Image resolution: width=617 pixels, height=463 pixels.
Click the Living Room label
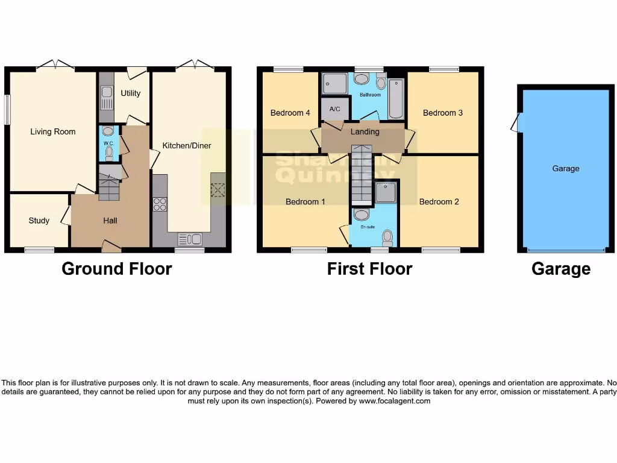pyautogui.click(x=53, y=131)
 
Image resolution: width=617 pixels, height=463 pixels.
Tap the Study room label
pyautogui.click(x=39, y=221)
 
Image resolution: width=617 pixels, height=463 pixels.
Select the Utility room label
pyautogui.click(x=130, y=93)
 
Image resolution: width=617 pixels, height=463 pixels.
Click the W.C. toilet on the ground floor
pyautogui.click(x=108, y=153)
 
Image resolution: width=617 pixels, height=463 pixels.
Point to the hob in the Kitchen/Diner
pyautogui.click(x=160, y=204)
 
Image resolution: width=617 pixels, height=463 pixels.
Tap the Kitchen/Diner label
pyautogui.click(x=187, y=145)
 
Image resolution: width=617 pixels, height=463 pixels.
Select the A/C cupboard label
pyautogui.click(x=335, y=109)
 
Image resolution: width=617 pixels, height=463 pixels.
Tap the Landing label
pyautogui.click(x=365, y=131)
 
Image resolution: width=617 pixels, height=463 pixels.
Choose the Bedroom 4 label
pyautogui.click(x=290, y=113)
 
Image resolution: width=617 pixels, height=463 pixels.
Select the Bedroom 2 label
pyautogui.click(x=439, y=201)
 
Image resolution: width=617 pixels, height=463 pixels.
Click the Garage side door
pyautogui.click(x=515, y=124)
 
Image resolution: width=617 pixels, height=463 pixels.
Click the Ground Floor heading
pyautogui.click(x=117, y=269)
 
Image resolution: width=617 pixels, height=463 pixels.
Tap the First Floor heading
pyautogui.click(x=369, y=269)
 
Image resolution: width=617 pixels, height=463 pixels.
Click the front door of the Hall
pyautogui.click(x=110, y=246)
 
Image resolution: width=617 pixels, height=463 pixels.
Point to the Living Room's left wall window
pyautogui.click(x=7, y=109)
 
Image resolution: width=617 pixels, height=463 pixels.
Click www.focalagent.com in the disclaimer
pyautogui.click(x=395, y=401)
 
